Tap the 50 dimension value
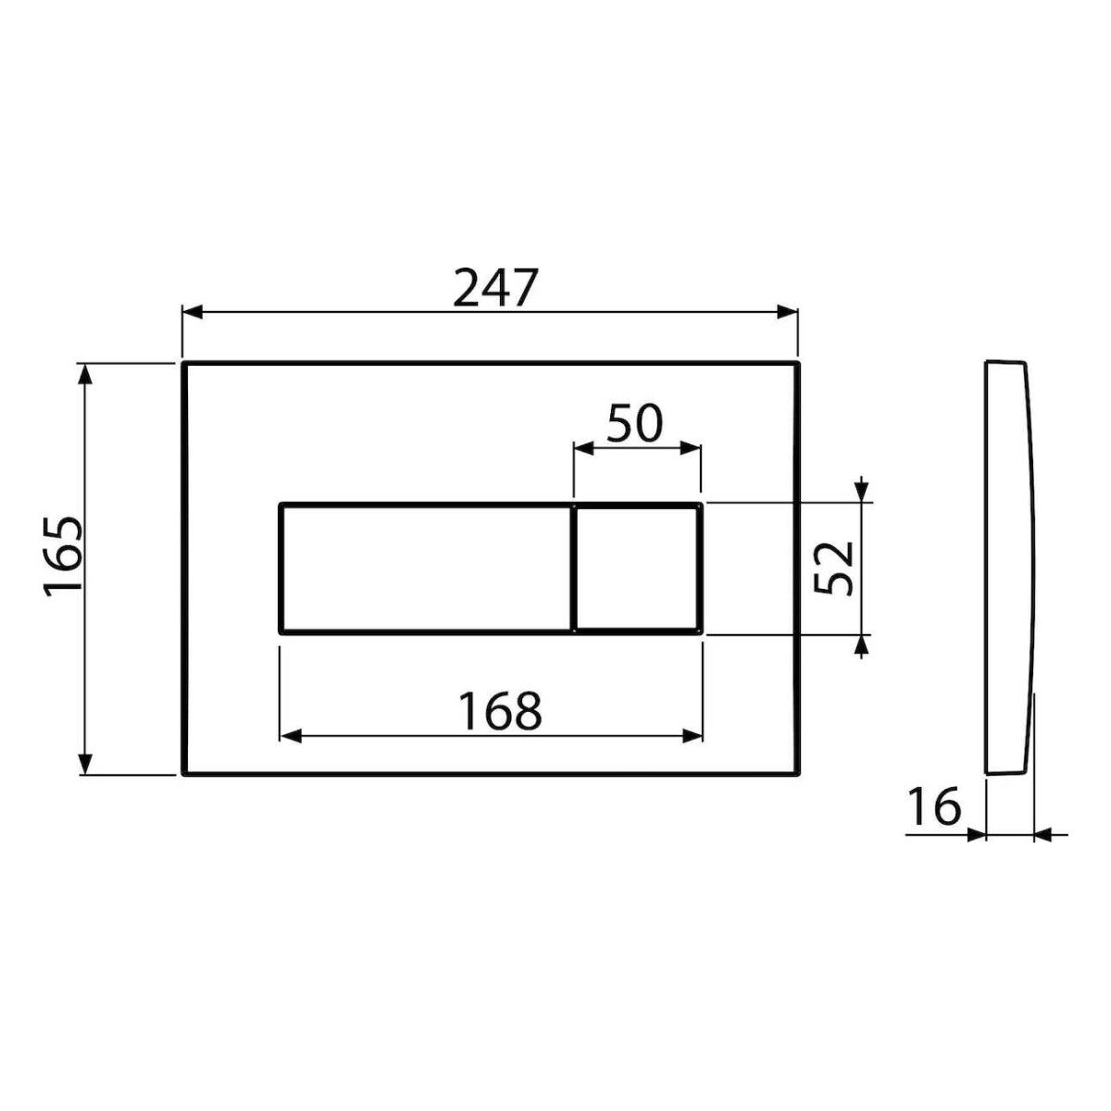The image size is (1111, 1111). pos(635,424)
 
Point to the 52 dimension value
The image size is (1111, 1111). pos(835,568)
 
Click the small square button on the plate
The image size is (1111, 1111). pos(637,569)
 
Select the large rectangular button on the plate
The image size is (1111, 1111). pos(426,569)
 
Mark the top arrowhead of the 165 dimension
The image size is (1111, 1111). pos(86,373)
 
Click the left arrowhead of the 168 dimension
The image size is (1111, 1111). pos(289,736)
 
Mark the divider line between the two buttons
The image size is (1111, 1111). pos(574,569)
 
